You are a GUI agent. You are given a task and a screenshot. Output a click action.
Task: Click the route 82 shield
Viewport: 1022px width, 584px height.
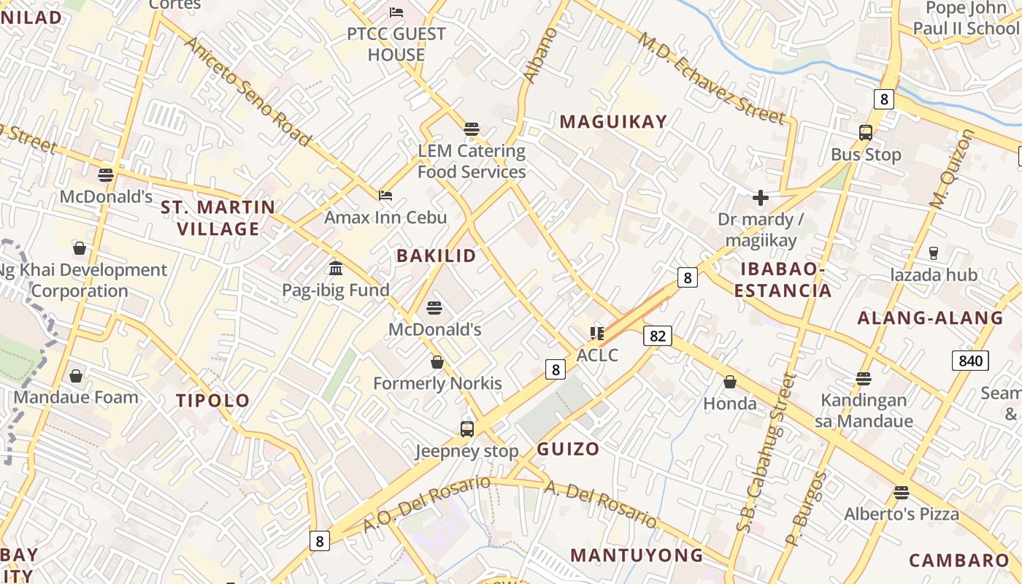pyautogui.click(x=658, y=335)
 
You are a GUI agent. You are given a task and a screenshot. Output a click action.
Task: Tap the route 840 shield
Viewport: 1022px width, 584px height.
pyautogui.click(x=970, y=360)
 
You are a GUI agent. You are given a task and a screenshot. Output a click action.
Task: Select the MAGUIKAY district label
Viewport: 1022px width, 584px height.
pyautogui.click(x=613, y=122)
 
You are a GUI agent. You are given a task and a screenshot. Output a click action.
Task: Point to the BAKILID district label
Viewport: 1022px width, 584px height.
pyautogui.click(x=436, y=255)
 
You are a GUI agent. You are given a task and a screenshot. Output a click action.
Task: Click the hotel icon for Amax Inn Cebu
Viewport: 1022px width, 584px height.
pyautogui.click(x=385, y=195)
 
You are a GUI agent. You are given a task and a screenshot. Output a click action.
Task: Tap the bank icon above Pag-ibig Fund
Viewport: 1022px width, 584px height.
pyautogui.click(x=336, y=268)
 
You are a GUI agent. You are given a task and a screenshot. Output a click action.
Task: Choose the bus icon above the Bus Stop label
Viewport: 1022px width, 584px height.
pyautogui.click(x=866, y=133)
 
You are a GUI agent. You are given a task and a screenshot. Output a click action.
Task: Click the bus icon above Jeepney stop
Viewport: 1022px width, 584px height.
pyautogui.click(x=467, y=429)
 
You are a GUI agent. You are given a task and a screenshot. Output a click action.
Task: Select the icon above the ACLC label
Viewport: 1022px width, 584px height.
pyautogui.click(x=597, y=334)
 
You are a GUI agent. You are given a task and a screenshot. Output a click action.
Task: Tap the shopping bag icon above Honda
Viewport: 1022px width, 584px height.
pyautogui.click(x=729, y=382)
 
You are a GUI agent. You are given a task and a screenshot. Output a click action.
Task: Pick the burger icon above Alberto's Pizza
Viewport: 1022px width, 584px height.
pyautogui.click(x=902, y=492)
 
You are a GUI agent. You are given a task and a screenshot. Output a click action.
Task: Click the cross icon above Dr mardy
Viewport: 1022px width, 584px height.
pyautogui.click(x=761, y=197)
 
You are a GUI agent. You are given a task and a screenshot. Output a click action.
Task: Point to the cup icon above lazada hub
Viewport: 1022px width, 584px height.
pyautogui.click(x=933, y=253)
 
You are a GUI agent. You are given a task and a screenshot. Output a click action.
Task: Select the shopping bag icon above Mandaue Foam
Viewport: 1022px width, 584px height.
pyautogui.click(x=76, y=376)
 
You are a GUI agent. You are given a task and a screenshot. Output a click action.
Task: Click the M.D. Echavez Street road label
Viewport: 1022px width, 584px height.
pyautogui.click(x=712, y=79)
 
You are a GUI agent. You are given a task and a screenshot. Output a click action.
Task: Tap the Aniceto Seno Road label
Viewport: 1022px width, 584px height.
pyautogui.click(x=248, y=91)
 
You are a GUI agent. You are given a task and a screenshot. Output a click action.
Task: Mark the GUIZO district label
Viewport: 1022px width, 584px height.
pyautogui.click(x=568, y=449)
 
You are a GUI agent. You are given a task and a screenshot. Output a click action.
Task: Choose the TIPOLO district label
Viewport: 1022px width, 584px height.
pyautogui.click(x=213, y=400)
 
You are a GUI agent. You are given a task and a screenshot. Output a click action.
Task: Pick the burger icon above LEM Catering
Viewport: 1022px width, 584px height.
pyautogui.click(x=472, y=129)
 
